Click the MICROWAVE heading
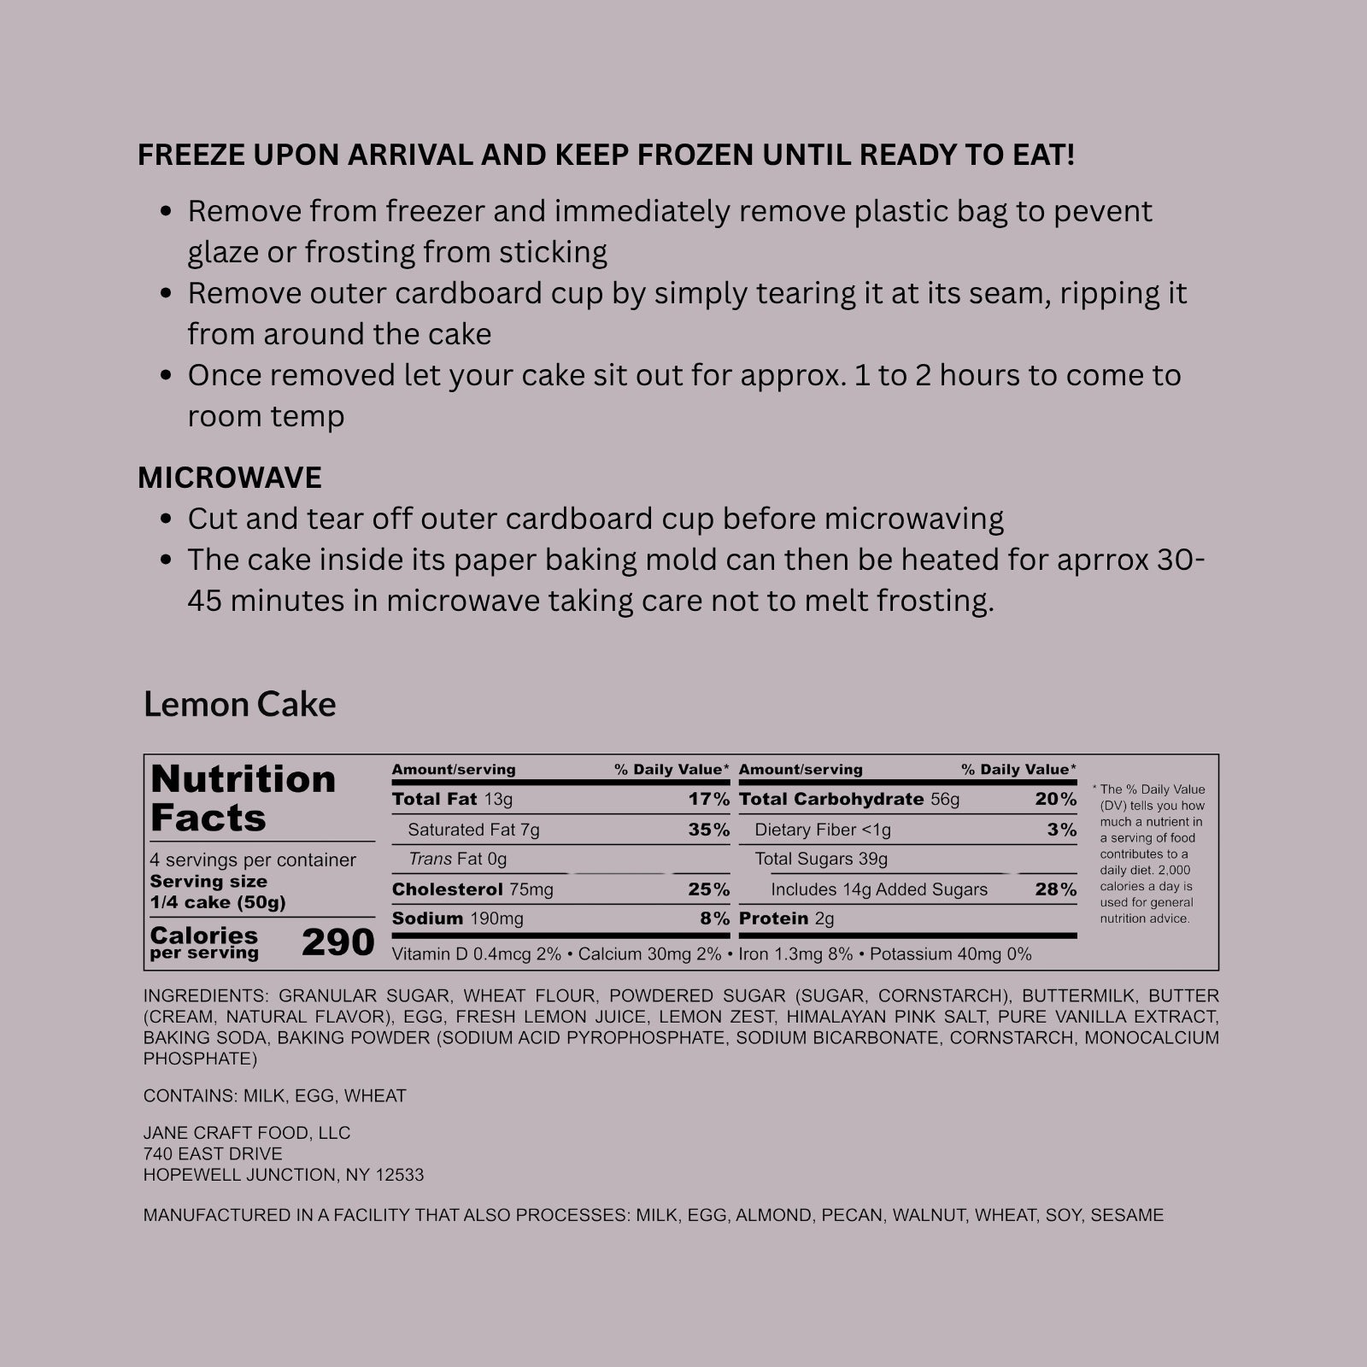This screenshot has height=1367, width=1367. pyautogui.click(x=230, y=478)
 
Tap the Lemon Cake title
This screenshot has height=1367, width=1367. pyautogui.click(x=239, y=704)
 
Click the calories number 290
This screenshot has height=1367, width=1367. pyautogui.click(x=337, y=942)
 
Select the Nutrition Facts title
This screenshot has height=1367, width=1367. pyautogui.click(x=243, y=798)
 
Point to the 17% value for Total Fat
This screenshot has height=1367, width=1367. pyautogui.click(x=708, y=800)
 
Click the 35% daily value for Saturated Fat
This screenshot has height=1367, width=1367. pyautogui.click(x=708, y=830)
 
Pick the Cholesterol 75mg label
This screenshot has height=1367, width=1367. pyautogui.click(x=472, y=889)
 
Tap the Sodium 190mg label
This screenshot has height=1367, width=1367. pyautogui.click(x=457, y=918)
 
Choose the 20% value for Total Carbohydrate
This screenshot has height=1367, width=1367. pyautogui.click(x=1055, y=800)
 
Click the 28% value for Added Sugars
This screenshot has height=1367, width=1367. pyautogui.click(x=1055, y=889)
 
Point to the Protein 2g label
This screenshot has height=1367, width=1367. pyautogui.click(x=786, y=918)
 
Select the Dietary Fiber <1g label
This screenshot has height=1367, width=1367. pyautogui.click(x=822, y=830)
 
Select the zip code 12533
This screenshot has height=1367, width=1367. pyautogui.click(x=399, y=1175)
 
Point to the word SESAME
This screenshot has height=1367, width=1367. pyautogui.click(x=1127, y=1215)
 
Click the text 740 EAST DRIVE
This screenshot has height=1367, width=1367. pyautogui.click(x=213, y=1153)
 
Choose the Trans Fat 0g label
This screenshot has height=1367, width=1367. pyautogui.click(x=457, y=859)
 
